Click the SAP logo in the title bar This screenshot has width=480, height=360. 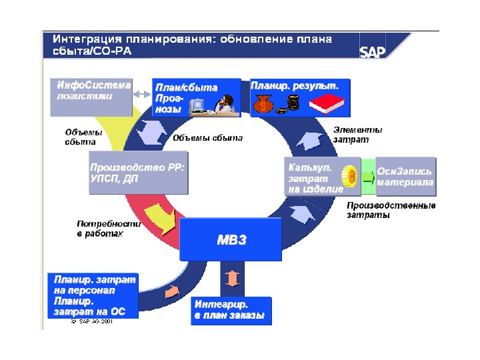(372, 52)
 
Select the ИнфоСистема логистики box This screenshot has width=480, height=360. (91, 91)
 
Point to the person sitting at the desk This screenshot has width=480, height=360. (225, 105)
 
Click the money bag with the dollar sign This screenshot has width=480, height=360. (263, 104)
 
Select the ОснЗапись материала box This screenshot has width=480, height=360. (405, 176)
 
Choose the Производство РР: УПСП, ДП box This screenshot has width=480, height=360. (138, 173)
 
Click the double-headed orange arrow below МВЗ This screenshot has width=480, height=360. (231, 277)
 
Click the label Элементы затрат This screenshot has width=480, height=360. (358, 135)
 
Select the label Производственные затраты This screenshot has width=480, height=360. (391, 211)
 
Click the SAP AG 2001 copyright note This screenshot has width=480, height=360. (91, 321)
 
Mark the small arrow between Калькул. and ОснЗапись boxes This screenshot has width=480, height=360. (367, 177)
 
